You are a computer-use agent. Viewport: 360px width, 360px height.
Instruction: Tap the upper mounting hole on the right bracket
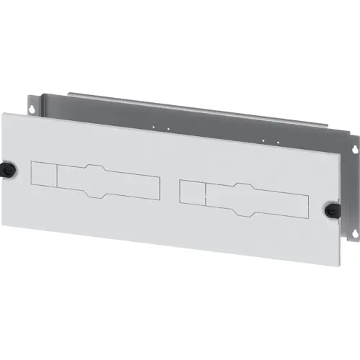(353, 149)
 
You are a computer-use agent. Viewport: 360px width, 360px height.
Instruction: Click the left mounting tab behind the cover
(32, 104)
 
